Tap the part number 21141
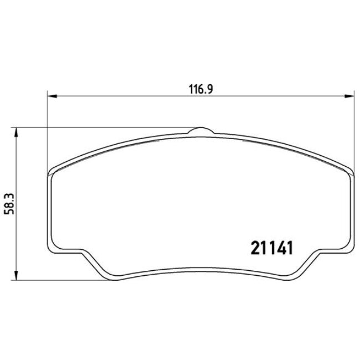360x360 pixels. [268, 246]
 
